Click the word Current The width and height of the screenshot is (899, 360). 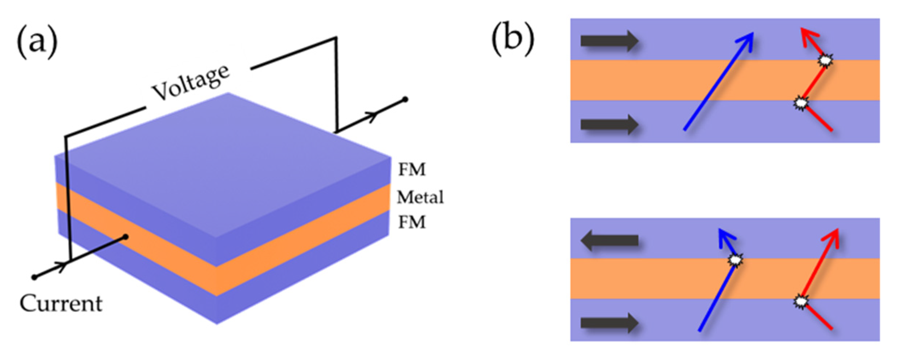(61, 304)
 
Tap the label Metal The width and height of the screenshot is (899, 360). (420, 197)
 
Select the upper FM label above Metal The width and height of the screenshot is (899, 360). (412, 169)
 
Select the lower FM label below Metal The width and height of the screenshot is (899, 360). (412, 222)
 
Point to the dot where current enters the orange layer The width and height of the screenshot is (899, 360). (126, 237)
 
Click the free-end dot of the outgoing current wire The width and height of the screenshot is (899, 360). (405, 99)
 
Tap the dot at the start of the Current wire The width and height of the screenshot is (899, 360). (34, 278)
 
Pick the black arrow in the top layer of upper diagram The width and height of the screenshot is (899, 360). (609, 41)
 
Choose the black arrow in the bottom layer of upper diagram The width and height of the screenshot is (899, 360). (609, 125)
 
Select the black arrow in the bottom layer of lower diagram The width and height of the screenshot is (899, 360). (609, 323)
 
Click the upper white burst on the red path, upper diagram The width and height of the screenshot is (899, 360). (825, 61)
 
